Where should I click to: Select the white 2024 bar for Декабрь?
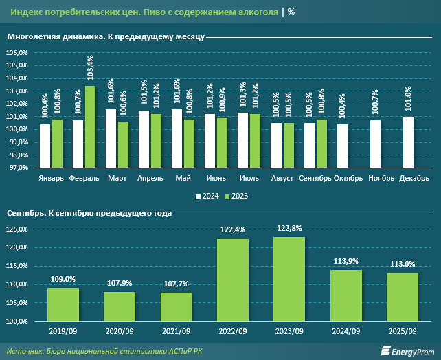408,142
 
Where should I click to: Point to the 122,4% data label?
232,232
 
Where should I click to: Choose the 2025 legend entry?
236,196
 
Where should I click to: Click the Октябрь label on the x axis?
348,179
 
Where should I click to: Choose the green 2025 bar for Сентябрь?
321,144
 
